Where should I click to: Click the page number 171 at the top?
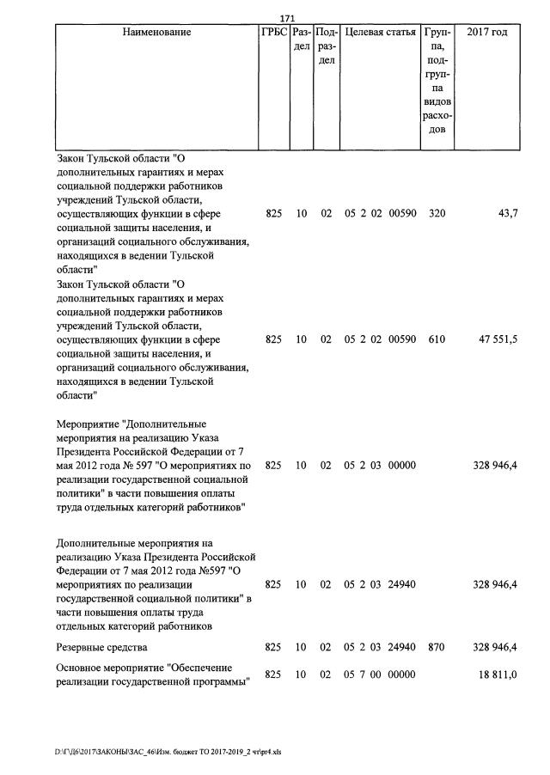(x=288, y=18)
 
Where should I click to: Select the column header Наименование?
(x=156, y=33)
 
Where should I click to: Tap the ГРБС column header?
(x=273, y=33)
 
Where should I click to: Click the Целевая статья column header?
(x=380, y=33)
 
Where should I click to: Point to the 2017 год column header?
(x=486, y=33)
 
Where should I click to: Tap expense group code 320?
(x=437, y=213)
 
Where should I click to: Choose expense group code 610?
(x=437, y=339)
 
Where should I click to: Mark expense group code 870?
(x=437, y=646)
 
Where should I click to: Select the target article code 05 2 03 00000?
(x=380, y=465)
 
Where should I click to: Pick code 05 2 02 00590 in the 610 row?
(x=380, y=339)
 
